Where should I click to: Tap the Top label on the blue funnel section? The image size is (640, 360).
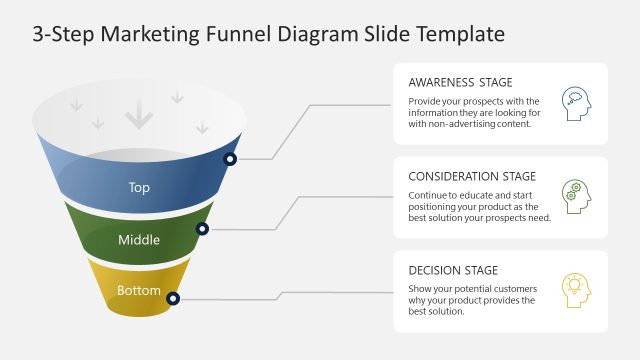pyautogui.click(x=140, y=187)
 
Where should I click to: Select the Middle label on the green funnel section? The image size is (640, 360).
pyautogui.click(x=139, y=240)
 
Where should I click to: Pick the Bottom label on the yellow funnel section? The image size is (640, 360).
pyautogui.click(x=139, y=291)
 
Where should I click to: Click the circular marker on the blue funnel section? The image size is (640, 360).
pyautogui.click(x=231, y=159)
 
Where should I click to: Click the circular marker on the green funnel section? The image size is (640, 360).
pyautogui.click(x=202, y=229)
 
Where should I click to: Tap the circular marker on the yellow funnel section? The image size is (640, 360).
pyautogui.click(x=173, y=298)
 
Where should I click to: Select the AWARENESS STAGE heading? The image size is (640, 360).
pyautogui.click(x=460, y=82)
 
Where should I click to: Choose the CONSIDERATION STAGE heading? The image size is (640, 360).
pyautogui.click(x=472, y=176)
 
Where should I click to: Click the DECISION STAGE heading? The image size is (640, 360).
pyautogui.click(x=453, y=270)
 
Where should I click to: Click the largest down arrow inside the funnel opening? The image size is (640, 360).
pyautogui.click(x=139, y=118)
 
